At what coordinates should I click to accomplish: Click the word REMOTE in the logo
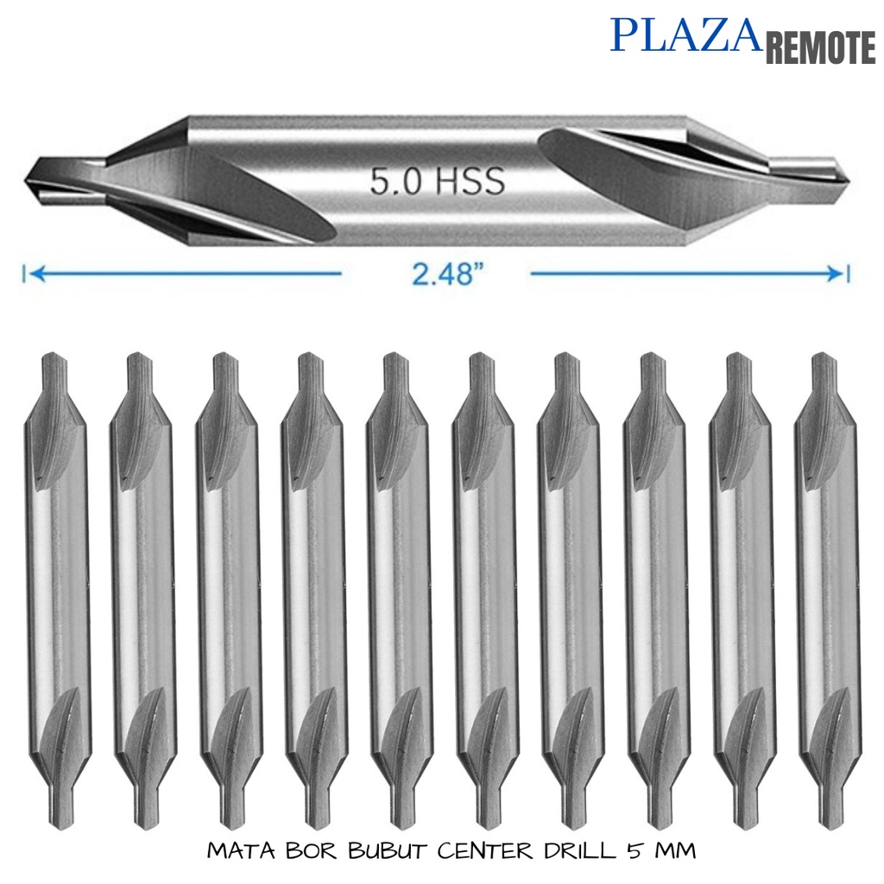click(820, 48)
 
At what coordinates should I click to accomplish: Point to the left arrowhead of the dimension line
click(33, 275)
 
